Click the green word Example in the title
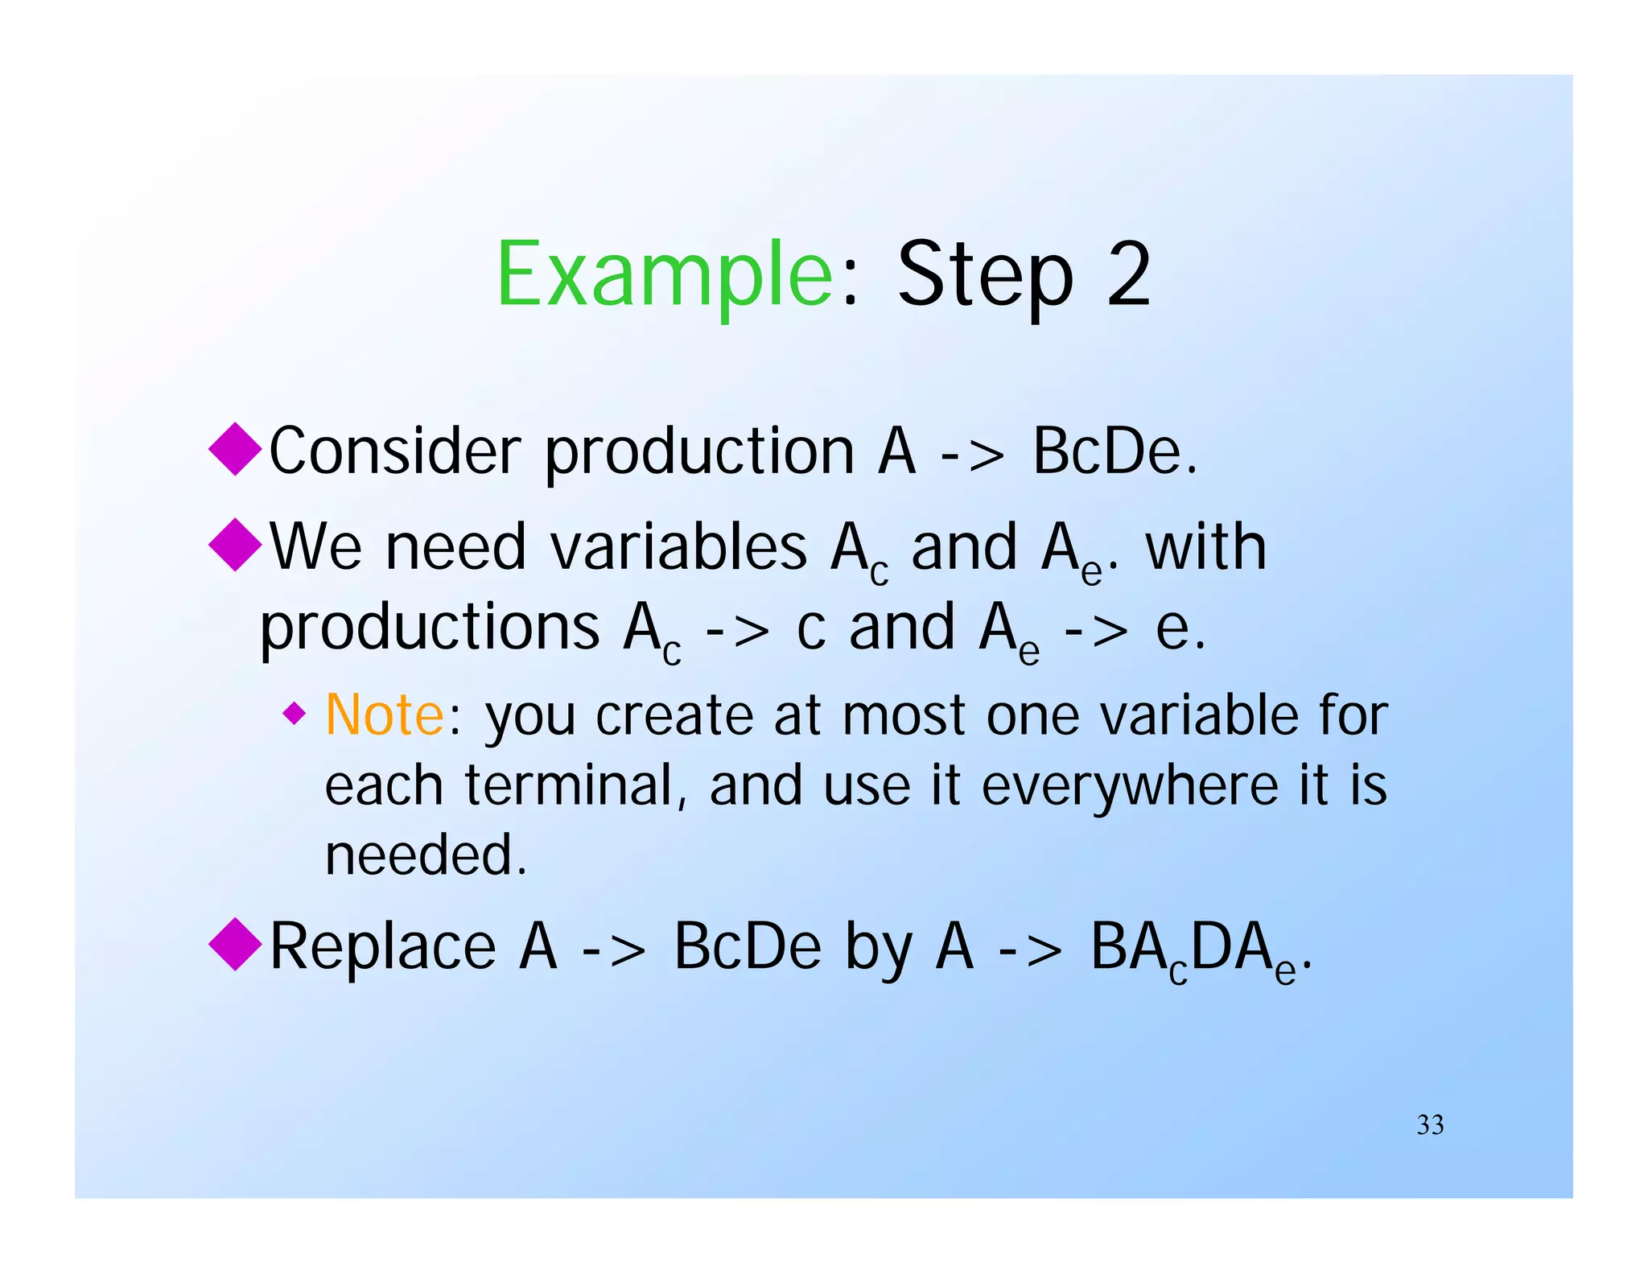[x=664, y=275]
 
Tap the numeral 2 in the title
[x=1127, y=275]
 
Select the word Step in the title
[x=985, y=275]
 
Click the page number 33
[x=1430, y=1124]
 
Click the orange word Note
[x=384, y=715]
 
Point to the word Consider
[x=394, y=451]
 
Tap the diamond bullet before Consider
[x=235, y=449]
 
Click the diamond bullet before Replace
[x=235, y=944]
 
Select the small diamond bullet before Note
[x=295, y=713]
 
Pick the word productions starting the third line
[x=429, y=628]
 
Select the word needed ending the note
[x=425, y=855]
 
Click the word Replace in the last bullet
[x=382, y=946]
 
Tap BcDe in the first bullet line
[x=1114, y=451]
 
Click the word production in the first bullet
[x=698, y=452]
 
